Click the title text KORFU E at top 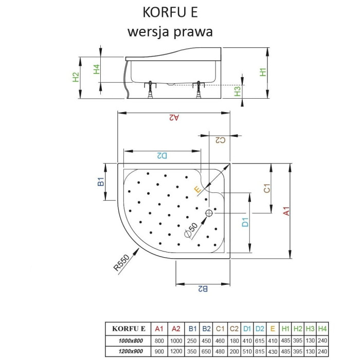point(170,12)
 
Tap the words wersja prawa point(170,32)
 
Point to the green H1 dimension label point(263,72)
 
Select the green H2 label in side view point(76,77)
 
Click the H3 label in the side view point(238,91)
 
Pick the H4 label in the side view point(97,69)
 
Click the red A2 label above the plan point(174,118)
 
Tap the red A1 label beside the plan point(286,211)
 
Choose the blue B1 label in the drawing point(101,182)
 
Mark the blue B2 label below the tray point(203,289)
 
